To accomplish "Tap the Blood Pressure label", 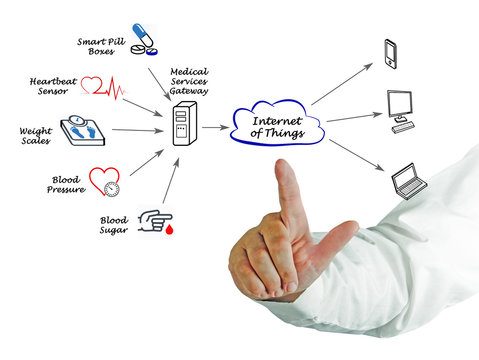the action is point(65,185).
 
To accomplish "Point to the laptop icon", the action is point(407,180).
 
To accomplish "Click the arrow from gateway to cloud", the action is point(214,128).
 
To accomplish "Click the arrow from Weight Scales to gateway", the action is point(137,130).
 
